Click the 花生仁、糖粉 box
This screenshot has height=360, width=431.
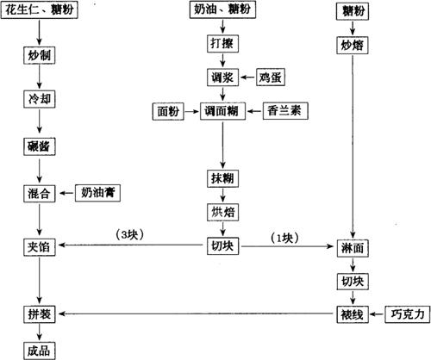coord(40,10)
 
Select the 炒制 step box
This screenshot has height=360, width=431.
coord(40,55)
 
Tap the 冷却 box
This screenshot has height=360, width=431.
coord(40,100)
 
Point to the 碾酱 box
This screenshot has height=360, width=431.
coord(40,147)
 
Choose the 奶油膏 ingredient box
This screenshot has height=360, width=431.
coord(97,193)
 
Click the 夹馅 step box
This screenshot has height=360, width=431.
coord(40,247)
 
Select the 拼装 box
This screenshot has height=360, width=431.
coord(40,314)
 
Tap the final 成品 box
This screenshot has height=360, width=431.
coord(40,351)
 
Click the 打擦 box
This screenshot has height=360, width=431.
coord(222,44)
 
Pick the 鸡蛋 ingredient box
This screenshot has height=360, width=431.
coord(271,78)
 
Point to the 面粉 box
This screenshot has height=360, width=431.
coord(168,111)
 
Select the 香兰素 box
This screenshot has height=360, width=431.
coord(285,111)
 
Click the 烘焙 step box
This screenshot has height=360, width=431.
coord(222,213)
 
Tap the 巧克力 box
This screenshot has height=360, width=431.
coord(408,314)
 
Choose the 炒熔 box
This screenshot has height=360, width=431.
coord(353,46)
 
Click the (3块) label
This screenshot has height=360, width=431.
coord(130,235)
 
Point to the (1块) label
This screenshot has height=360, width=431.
coord(284,238)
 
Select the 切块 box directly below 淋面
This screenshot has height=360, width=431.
coord(353,282)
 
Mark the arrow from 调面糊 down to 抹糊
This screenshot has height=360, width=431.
coord(222,145)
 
